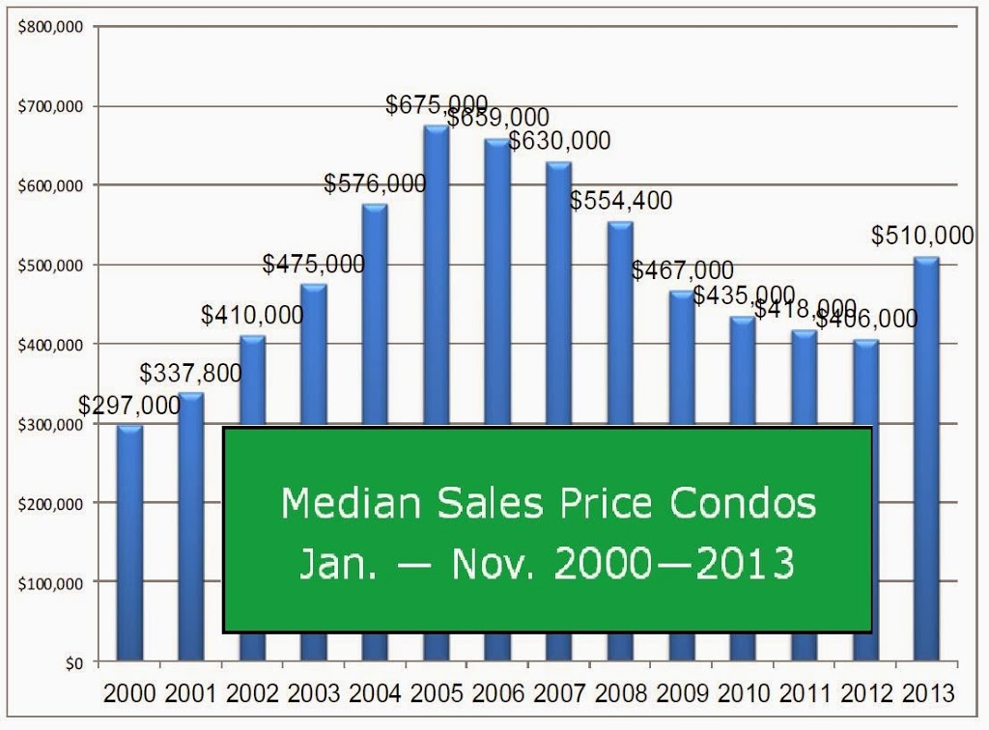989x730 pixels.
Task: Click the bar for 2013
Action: [x=926, y=459]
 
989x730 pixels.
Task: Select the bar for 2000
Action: [x=129, y=544]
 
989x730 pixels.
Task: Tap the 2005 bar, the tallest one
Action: [x=437, y=275]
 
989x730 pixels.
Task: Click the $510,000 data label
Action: [x=922, y=236]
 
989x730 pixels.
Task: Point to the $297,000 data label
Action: [x=129, y=406]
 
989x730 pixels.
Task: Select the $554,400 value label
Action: [x=621, y=201]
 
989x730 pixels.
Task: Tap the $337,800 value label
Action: [x=190, y=373]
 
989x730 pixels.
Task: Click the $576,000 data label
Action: [x=376, y=183]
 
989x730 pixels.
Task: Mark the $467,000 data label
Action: [x=683, y=270]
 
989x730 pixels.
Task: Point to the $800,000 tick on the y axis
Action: [x=50, y=27]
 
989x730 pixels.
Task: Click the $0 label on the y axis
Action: [x=74, y=663]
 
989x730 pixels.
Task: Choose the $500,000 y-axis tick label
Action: [x=50, y=266]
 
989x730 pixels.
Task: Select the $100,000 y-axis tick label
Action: [x=50, y=584]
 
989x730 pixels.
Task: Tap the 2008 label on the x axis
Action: [x=621, y=693]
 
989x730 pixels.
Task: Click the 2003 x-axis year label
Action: [x=314, y=693]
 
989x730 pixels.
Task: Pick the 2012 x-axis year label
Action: [x=866, y=693]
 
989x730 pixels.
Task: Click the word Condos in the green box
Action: [x=743, y=503]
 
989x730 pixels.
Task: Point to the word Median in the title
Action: [x=351, y=503]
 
